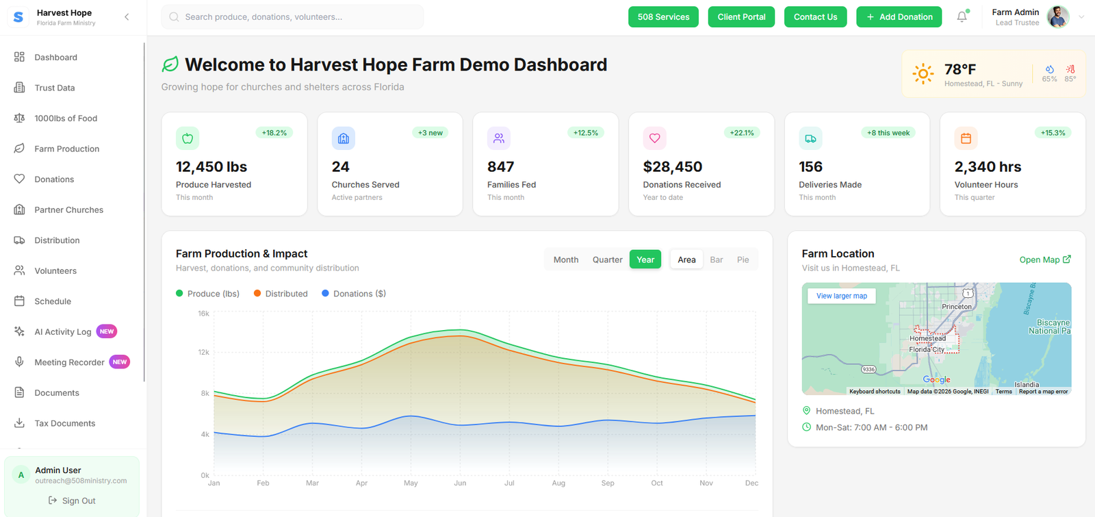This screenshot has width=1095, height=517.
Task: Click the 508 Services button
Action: pos(663,17)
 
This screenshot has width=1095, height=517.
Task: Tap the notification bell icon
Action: pos(962,17)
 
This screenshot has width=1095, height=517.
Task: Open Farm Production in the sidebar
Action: pos(66,149)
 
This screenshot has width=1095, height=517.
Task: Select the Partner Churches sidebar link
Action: pos(68,210)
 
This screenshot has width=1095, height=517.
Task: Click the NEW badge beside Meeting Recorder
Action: pos(120,362)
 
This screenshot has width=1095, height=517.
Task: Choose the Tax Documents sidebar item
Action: pos(64,423)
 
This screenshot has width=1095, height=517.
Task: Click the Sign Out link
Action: pos(72,501)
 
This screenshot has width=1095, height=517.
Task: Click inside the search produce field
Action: pos(294,17)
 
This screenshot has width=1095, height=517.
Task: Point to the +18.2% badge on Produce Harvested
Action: pos(274,133)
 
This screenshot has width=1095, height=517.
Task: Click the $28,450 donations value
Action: pos(672,167)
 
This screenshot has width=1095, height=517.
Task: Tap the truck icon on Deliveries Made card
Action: pos(810,138)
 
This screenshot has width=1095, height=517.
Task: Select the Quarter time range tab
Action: pos(607,260)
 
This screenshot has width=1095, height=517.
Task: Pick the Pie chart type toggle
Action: pos(743,260)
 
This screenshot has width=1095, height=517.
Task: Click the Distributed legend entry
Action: pos(281,294)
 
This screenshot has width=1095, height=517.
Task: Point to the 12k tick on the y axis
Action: pos(203,352)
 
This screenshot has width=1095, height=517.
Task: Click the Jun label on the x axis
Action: pos(460,483)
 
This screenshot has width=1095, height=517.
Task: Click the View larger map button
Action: pos(841,296)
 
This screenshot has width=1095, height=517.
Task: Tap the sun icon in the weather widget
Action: pos(923,74)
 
